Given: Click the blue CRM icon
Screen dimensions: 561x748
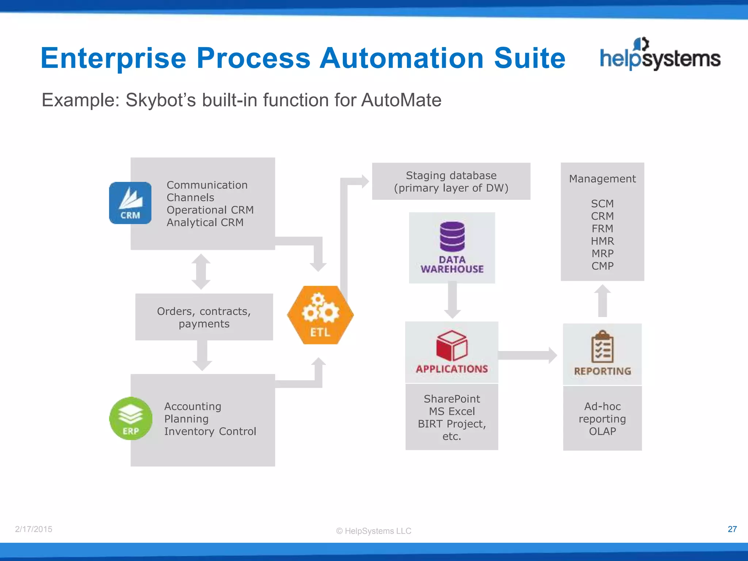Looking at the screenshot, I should tap(130, 203).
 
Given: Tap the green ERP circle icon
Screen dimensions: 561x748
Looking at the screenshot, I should tap(131, 419).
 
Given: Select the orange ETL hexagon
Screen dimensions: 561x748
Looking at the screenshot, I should tap(320, 315).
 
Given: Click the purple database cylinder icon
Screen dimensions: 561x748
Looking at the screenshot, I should tap(452, 237).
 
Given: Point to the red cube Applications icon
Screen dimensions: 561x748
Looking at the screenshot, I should tap(451, 346).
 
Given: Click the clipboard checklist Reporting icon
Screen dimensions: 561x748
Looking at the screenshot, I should tap(602, 347).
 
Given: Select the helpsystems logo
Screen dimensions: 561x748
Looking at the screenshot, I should tap(660, 55).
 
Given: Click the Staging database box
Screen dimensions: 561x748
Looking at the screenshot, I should tap(451, 182).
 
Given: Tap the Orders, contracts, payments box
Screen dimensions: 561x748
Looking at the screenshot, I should tap(204, 317).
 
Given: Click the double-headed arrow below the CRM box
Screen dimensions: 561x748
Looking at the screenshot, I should tap(201, 272).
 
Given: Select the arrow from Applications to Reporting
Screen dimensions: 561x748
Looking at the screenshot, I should tap(527, 355).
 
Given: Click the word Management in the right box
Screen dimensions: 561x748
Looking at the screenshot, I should tap(602, 179).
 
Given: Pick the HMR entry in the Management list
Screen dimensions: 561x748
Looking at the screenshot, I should tap(602, 241).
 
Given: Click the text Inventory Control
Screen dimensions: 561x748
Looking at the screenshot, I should tap(210, 431).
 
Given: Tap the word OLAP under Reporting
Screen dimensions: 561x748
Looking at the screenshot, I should tap(602, 431).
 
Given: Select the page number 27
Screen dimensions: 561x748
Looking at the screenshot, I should tap(732, 529).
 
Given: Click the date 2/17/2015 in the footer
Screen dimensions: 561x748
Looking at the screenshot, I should tap(34, 529).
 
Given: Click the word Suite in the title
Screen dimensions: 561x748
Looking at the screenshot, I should tap(529, 58).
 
